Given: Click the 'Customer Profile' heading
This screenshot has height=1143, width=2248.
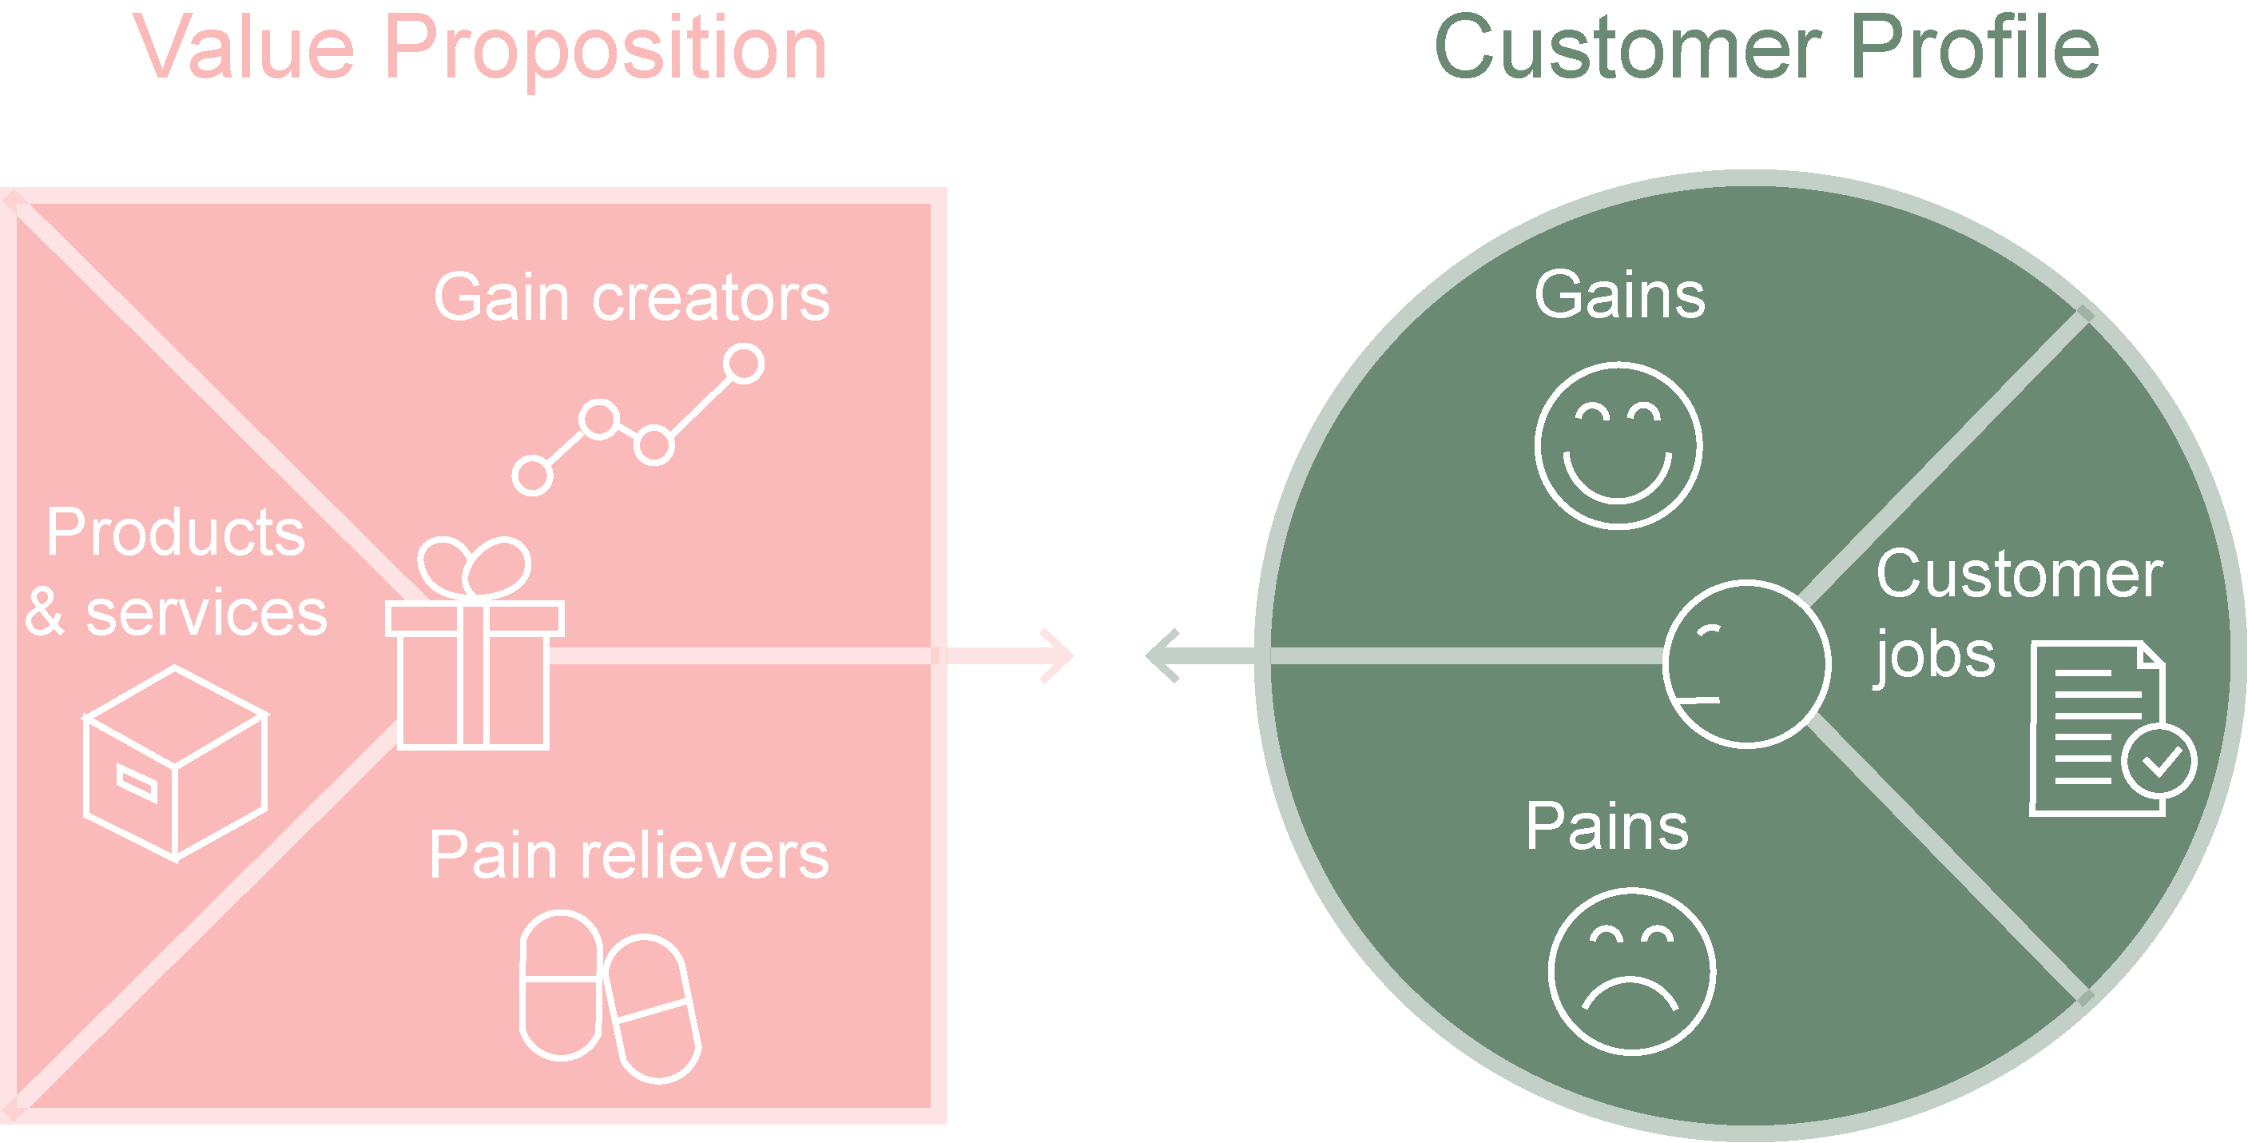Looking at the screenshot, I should click(x=1766, y=48).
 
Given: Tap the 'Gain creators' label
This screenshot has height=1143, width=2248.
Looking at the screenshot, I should click(x=631, y=298).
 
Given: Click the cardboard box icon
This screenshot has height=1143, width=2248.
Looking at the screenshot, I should click(x=174, y=763).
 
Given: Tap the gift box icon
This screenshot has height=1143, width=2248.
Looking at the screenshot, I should click(x=474, y=672).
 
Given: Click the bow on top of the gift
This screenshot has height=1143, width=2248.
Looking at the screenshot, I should click(x=474, y=567).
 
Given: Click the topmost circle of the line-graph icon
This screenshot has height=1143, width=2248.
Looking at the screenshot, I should click(x=744, y=363).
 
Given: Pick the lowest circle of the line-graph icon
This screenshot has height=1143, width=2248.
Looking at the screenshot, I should click(x=532, y=476).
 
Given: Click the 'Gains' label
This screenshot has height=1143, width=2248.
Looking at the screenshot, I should click(x=1619, y=295).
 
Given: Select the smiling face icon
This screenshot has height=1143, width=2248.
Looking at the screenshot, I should click(x=1618, y=446).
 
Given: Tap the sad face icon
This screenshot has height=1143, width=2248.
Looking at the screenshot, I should click(x=1631, y=972).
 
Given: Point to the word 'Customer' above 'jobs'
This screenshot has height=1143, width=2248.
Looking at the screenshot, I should click(x=2020, y=575).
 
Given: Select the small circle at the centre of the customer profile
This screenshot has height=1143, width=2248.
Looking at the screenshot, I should click(x=1746, y=663).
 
